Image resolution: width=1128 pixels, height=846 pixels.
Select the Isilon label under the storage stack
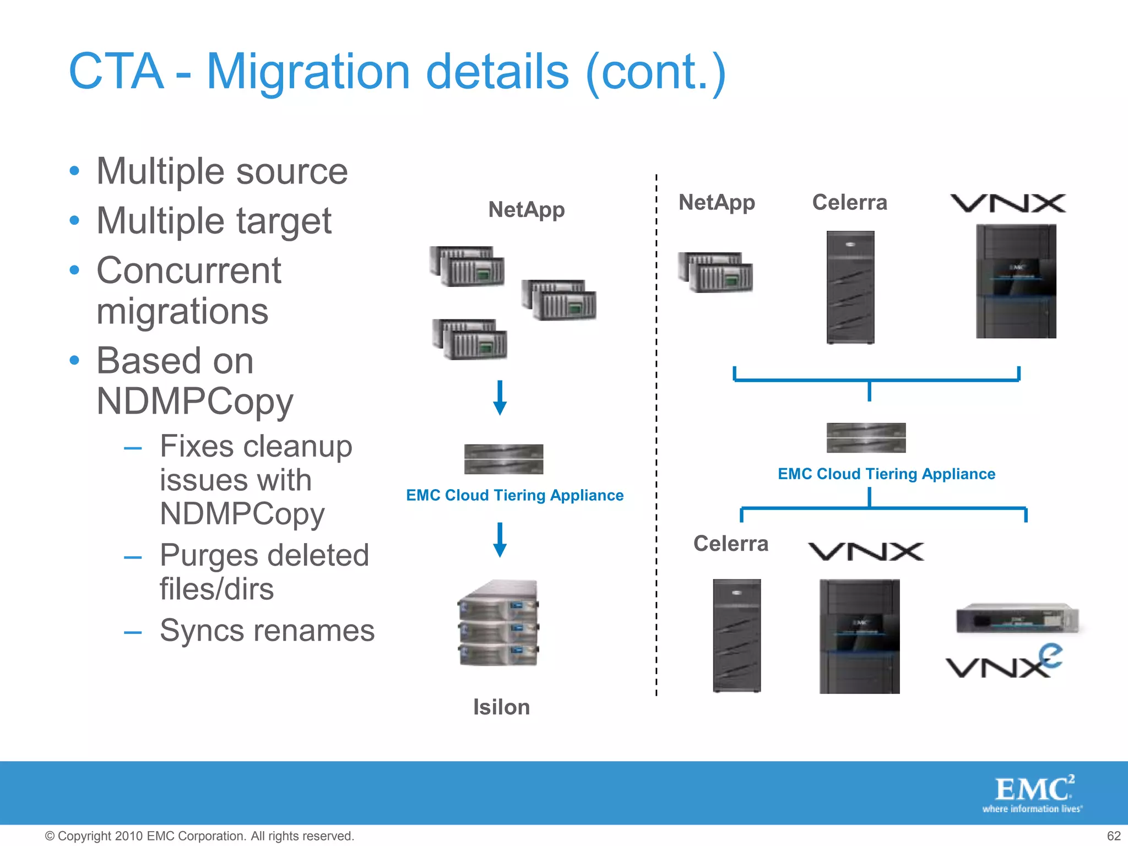click(501, 707)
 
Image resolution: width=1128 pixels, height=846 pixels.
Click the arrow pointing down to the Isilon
click(500, 540)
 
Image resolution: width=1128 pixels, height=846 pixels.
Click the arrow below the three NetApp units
click(500, 398)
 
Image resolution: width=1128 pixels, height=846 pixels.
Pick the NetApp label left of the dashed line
click(526, 210)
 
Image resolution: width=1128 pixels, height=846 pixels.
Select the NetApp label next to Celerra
click(716, 203)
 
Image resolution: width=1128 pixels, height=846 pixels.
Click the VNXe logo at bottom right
click(1004, 663)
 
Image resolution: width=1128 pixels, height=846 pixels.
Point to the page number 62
click(1114, 836)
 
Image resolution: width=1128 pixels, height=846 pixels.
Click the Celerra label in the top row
click(849, 203)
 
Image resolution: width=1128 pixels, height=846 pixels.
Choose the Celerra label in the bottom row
click(730, 544)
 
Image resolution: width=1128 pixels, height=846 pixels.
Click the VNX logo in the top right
click(1008, 203)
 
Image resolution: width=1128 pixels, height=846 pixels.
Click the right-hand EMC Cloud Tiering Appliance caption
click(886, 474)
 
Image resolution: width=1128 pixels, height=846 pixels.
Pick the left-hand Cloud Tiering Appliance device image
click(503, 459)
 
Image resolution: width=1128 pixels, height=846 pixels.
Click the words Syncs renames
click(267, 631)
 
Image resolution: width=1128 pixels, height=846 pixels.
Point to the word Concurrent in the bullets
click(189, 270)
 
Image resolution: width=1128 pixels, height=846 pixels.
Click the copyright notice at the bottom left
click(199, 836)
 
